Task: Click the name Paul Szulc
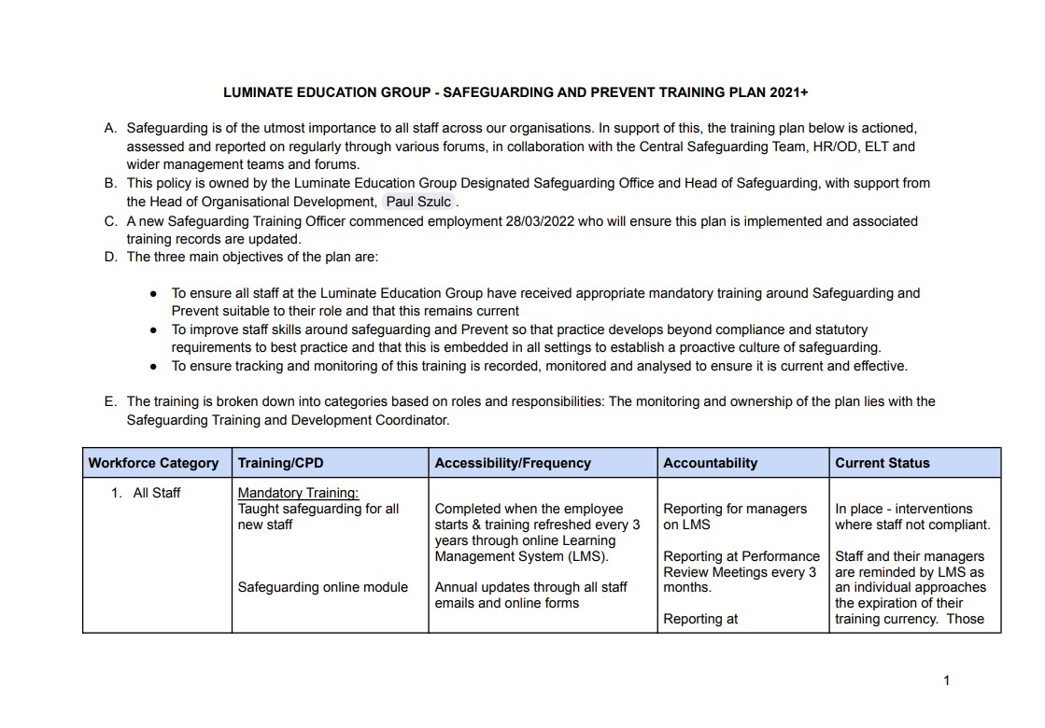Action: [418, 202]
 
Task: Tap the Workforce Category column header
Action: [153, 463]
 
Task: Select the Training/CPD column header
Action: [281, 463]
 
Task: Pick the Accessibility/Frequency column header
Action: [513, 463]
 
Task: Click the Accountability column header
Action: [710, 463]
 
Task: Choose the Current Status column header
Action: [882, 463]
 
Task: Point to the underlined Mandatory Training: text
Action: [298, 493]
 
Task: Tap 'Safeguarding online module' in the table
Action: [322, 587]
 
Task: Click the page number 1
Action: [946, 680]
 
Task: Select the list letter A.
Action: [110, 128]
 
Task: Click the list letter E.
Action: [110, 401]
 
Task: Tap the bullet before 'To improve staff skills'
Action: [153, 329]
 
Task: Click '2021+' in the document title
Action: [789, 92]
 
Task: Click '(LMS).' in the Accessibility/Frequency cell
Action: [587, 557]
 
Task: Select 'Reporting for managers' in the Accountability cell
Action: [734, 509]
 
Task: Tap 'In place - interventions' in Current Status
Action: [903, 509]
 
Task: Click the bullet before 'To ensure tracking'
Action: [153, 366]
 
